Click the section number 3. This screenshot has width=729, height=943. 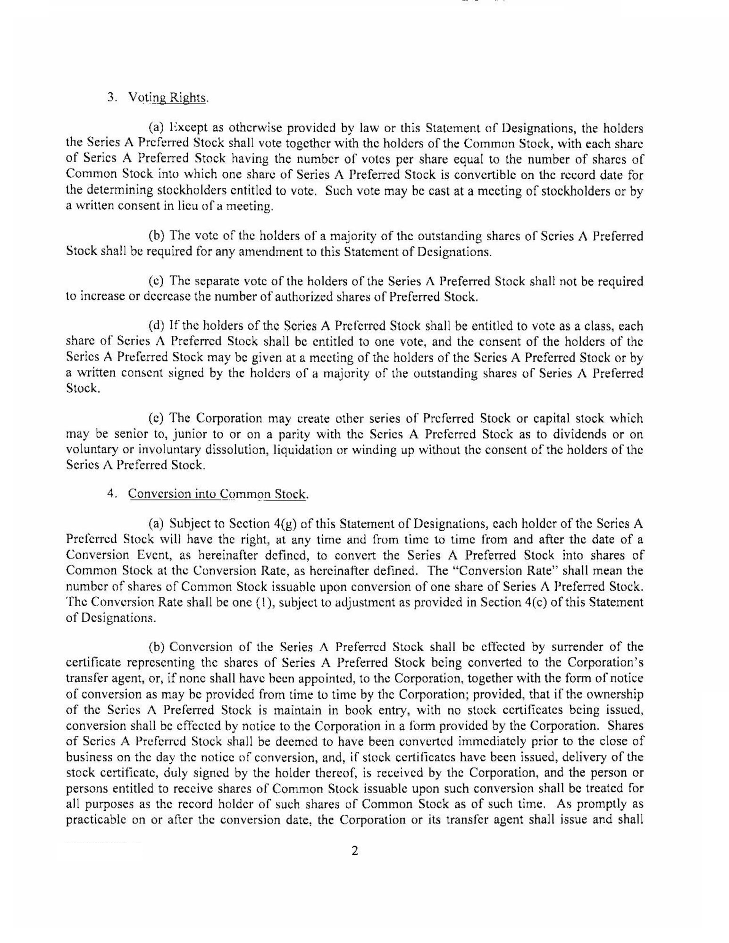(x=111, y=97)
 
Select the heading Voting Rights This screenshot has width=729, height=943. (x=168, y=98)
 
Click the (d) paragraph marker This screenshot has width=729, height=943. (x=156, y=326)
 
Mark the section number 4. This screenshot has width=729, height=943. (x=111, y=493)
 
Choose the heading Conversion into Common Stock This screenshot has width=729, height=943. (x=218, y=494)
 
